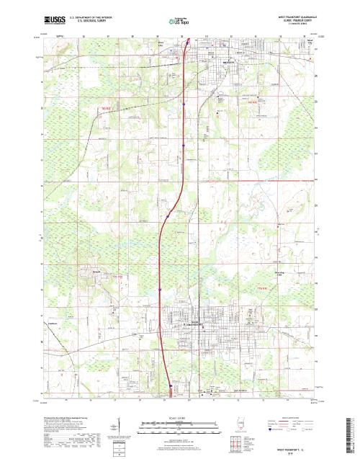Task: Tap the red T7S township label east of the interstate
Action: click(263, 288)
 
